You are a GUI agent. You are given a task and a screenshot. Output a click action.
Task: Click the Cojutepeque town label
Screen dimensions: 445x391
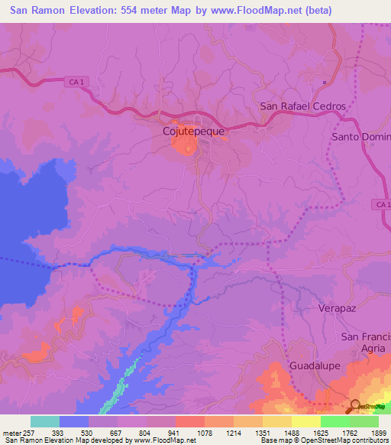194,132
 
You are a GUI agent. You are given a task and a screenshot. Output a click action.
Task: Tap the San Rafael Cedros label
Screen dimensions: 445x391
302,106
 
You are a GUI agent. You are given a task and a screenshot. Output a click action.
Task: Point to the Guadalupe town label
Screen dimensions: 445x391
315,366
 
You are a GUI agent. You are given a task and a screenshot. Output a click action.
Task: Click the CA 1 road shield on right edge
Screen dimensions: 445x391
383,204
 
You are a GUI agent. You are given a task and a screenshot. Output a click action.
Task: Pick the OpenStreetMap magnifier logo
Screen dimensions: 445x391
357,405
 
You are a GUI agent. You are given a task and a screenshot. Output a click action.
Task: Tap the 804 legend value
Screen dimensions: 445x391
134,433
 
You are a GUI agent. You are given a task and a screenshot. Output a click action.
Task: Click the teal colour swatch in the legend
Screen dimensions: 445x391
45,421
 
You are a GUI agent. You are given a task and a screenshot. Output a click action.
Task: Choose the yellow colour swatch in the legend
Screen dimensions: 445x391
305,421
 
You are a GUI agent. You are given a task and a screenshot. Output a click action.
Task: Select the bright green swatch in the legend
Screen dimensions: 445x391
334,421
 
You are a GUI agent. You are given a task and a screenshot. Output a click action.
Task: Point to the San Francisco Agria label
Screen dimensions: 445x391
366,343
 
